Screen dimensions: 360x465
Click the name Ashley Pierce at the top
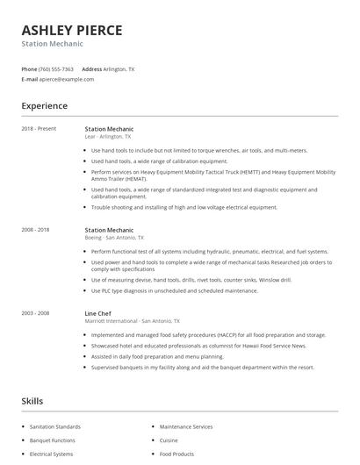click(x=72, y=30)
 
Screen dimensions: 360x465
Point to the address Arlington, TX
click(x=119, y=68)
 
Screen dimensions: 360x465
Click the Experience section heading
click(x=44, y=106)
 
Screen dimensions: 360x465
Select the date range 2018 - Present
click(x=39, y=129)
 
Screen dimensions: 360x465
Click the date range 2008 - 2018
click(x=38, y=230)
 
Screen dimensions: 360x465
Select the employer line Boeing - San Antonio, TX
click(x=114, y=238)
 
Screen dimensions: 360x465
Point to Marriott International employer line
click(x=132, y=320)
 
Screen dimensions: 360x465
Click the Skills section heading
click(x=32, y=401)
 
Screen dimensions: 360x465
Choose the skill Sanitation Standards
click(x=54, y=426)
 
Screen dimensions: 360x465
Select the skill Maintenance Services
click(x=186, y=426)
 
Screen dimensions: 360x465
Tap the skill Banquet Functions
click(x=52, y=440)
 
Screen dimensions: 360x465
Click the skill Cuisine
click(x=169, y=440)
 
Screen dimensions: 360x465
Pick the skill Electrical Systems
click(x=51, y=454)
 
